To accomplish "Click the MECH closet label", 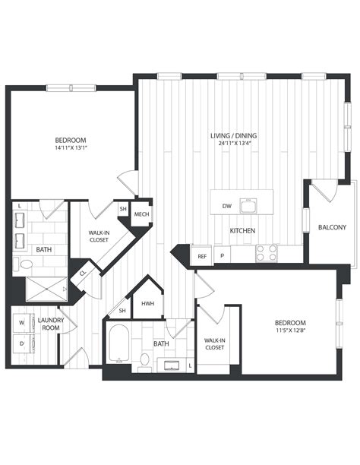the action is pos(141,214).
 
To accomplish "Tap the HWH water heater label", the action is pos(147,304).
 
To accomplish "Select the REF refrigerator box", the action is pos(202,255).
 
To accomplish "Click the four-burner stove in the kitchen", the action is pos(267,253).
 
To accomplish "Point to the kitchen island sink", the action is pos(248,206).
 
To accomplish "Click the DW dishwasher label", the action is pos(227,206).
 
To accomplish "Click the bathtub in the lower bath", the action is pos(118,343).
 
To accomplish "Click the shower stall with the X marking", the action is pos(46,289).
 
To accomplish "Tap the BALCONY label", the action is pos(332,227).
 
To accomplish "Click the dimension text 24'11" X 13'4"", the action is pos(233,143).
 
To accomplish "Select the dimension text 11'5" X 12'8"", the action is pos(290,330).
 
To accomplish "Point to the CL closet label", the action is pos(83,273).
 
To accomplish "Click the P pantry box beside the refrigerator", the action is pos(222,255).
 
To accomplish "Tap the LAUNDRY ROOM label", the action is pos(51,324).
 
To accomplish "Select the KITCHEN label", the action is pos(242,230).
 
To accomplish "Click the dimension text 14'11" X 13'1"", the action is pos(71,147).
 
